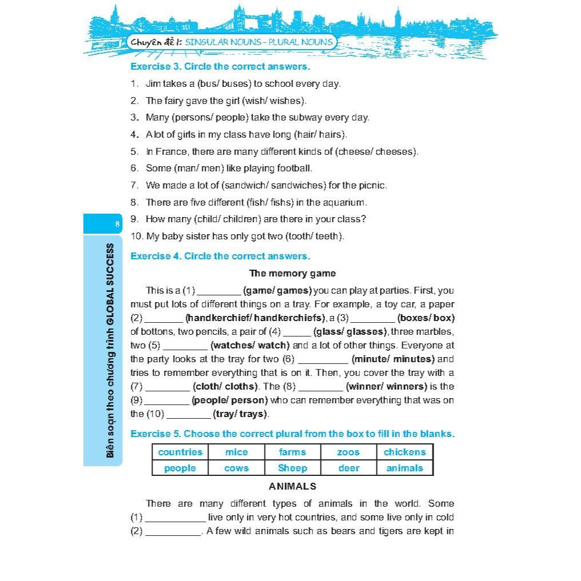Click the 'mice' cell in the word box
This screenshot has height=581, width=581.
[237, 452]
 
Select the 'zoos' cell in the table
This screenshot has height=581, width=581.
[348, 452]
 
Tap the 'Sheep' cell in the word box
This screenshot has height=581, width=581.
[292, 468]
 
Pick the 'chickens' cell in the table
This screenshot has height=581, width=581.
[404, 452]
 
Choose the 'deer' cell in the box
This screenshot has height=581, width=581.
[348, 468]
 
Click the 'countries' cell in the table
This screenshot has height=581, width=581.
[180, 452]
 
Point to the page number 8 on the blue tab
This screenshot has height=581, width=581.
[117, 224]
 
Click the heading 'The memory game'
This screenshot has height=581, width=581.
[292, 273]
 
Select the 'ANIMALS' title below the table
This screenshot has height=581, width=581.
[292, 486]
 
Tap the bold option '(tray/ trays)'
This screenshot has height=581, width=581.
[241, 414]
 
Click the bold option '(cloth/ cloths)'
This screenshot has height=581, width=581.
[226, 386]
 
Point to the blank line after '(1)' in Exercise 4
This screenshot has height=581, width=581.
[219, 291]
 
